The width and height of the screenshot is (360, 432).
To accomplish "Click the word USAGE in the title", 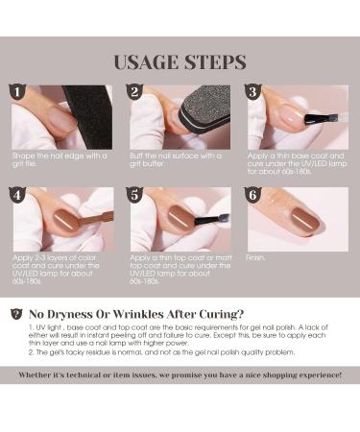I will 148,62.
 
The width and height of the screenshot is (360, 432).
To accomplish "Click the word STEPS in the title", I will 214,62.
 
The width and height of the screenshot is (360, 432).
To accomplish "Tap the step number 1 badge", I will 17,91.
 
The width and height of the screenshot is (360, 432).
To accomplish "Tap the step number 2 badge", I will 135,91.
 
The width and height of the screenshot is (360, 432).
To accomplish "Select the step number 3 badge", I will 253,91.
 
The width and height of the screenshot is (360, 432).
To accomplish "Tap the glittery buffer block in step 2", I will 202,113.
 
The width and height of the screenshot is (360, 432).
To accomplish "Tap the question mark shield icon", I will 15,313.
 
